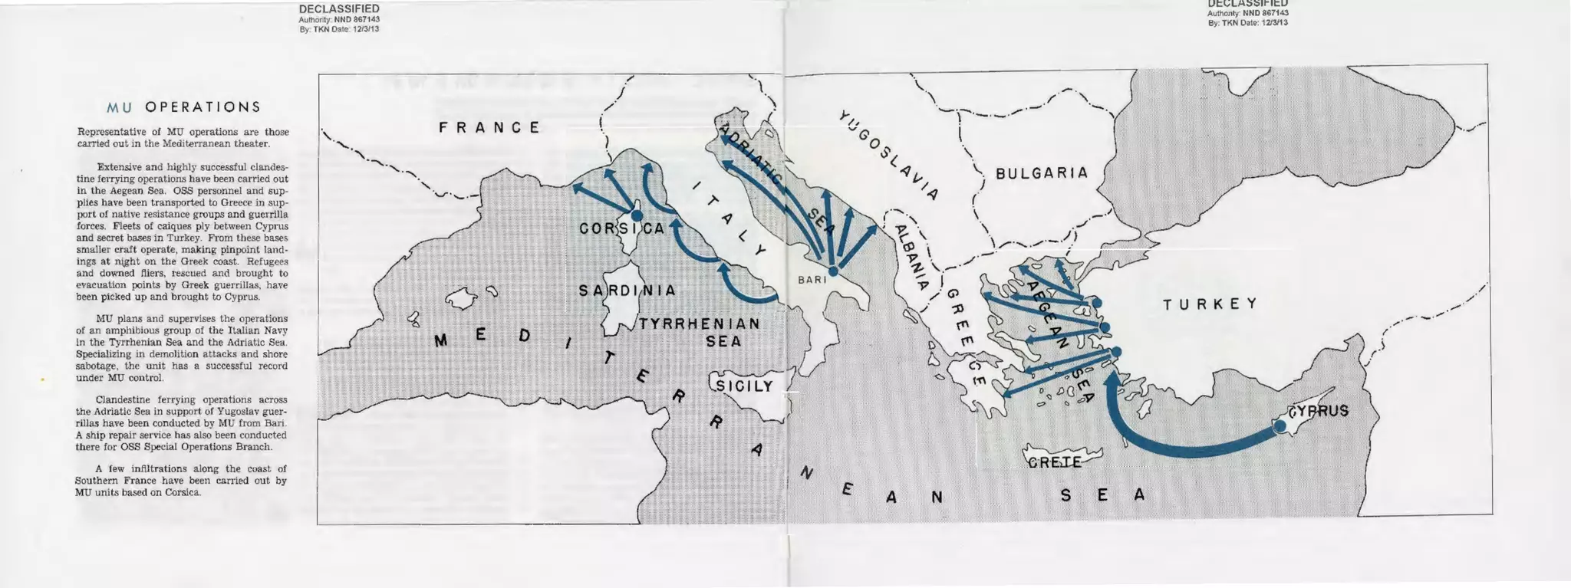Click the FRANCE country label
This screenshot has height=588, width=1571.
pos(489,127)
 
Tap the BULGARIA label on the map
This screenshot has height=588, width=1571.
pos(1042,173)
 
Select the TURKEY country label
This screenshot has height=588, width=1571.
pos(1210,304)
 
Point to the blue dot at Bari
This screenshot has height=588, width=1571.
pos(834,271)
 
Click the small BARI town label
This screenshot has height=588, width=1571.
pos(812,281)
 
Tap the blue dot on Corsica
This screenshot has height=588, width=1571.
pos(636,215)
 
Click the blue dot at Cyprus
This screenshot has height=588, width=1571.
pos(1280,425)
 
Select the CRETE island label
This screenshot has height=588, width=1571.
pos(1055,462)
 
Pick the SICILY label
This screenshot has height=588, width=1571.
pos(744,386)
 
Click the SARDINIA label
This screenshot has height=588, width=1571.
pos(627,291)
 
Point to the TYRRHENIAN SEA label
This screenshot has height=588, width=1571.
pos(700,332)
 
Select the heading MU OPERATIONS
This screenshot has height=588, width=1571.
pos(183,107)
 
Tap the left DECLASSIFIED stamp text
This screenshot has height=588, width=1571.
pos(338,8)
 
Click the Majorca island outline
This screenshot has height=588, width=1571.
pos(462,298)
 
